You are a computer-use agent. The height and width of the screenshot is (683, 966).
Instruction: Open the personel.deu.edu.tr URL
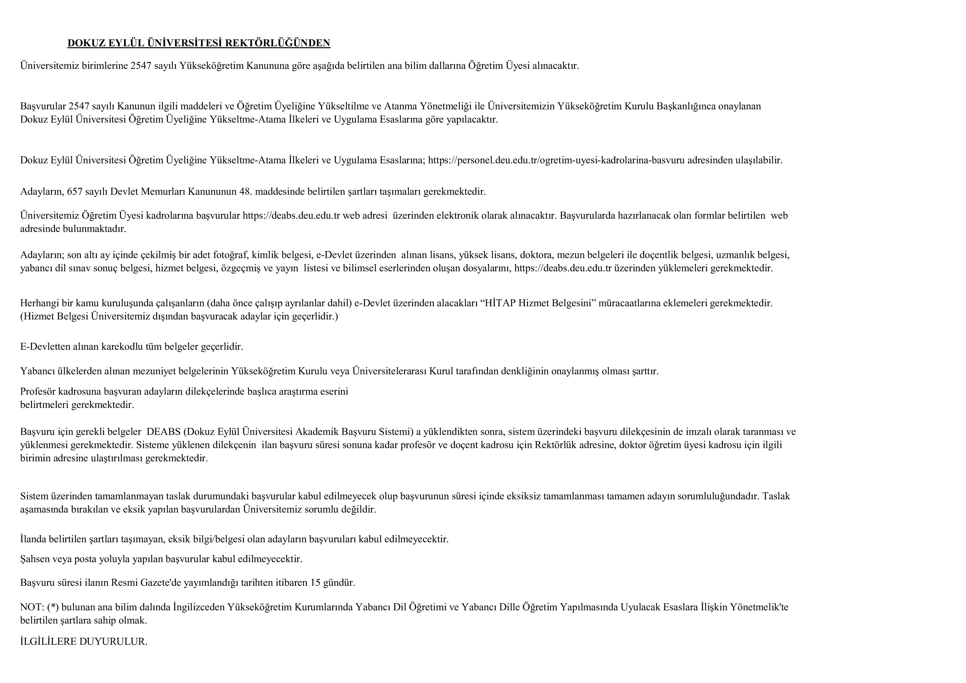point(556,160)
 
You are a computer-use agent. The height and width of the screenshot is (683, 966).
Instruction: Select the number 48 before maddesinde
point(246,192)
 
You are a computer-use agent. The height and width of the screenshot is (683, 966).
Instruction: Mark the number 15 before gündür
point(316,583)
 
